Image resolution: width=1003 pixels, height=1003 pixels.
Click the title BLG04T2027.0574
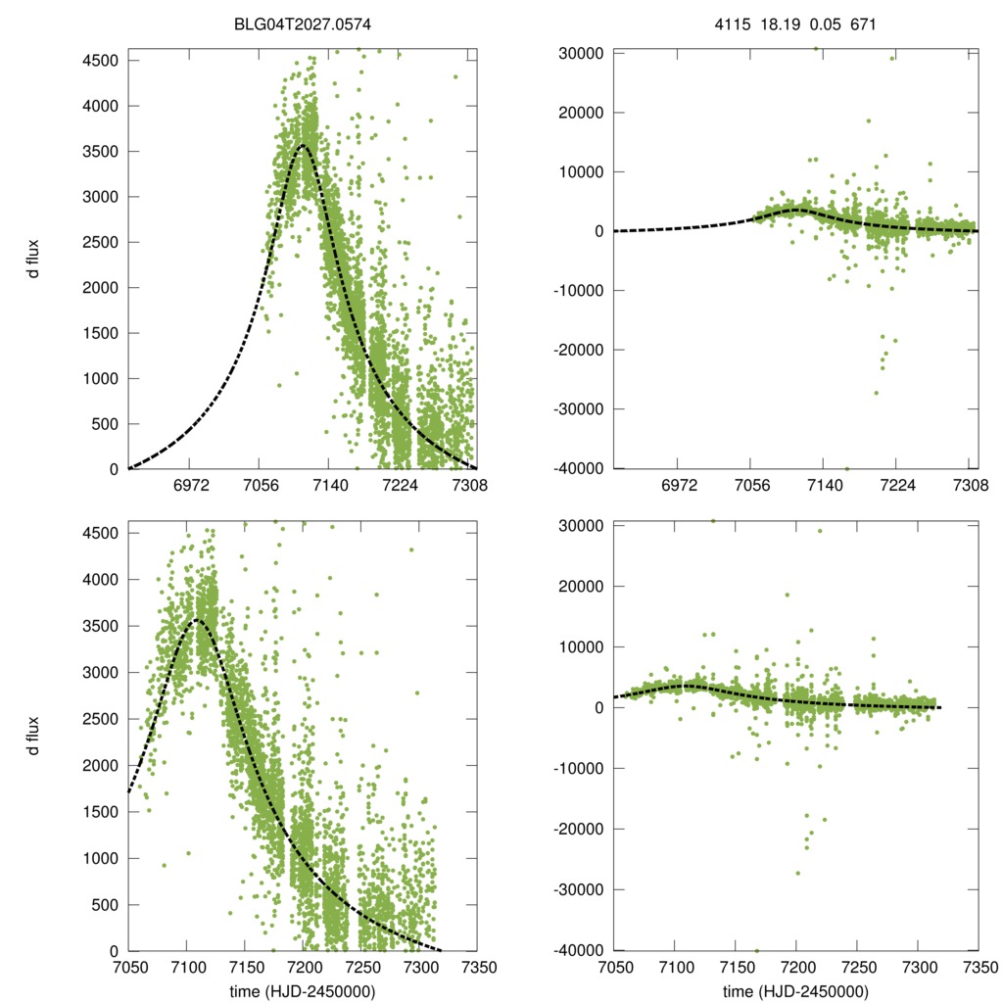pyautogui.click(x=302, y=23)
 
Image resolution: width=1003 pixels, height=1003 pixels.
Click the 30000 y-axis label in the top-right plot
pyautogui.click(x=580, y=53)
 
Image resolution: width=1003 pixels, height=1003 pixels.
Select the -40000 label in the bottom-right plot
pyautogui.click(x=577, y=951)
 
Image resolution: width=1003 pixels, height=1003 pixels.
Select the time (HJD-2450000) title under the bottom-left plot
pyautogui.click(x=302, y=991)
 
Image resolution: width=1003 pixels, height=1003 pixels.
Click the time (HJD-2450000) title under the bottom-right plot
pyautogui.click(x=796, y=991)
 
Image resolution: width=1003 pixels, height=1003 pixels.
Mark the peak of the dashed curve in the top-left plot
pyautogui.click(x=303, y=146)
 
